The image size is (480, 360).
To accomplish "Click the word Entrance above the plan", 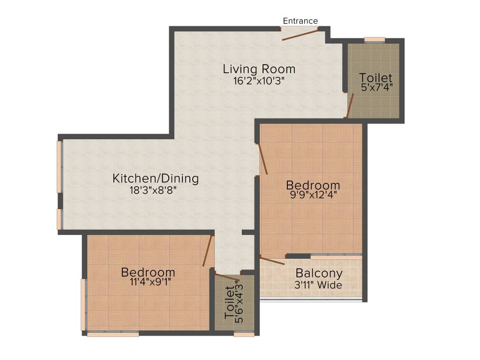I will pos(300,21).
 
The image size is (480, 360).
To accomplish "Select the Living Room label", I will pos(259,69).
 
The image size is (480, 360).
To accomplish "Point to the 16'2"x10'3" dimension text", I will pos(259,81).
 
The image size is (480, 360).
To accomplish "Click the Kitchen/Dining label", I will pos(156,179).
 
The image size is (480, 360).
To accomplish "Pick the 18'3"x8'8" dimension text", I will pos(155,190).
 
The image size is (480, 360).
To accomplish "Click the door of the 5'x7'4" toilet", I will pos(349,105).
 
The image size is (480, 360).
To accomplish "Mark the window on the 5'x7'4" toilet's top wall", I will pos(375,40).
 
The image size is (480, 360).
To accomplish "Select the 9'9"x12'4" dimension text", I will pos(313,195).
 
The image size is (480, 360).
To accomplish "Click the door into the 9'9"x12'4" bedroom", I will pos(263,159).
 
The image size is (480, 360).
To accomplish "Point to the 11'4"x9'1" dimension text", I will pos(148,283).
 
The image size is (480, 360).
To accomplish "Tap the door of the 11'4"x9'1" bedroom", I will pos(208,251).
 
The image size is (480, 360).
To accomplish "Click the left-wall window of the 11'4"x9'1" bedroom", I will pos(83,305).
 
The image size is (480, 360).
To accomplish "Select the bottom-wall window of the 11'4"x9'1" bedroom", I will pos(113,334).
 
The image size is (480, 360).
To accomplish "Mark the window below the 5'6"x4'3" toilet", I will pos(244,334).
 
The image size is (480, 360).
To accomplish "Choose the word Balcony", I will pos(319,273).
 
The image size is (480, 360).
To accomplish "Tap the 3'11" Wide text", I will pos(319,285).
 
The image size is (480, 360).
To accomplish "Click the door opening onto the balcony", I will pos(272,261).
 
